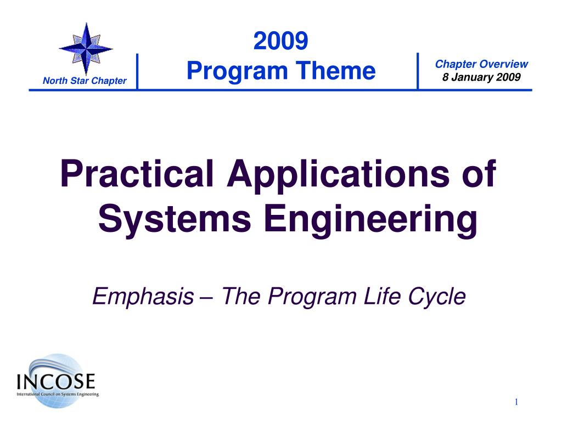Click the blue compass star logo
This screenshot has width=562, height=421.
(86, 49)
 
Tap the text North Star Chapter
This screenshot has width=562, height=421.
(85, 81)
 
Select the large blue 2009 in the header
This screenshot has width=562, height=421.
(280, 41)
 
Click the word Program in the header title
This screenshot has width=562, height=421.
(237, 71)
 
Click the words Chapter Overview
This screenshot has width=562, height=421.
(481, 64)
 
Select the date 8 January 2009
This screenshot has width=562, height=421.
(481, 77)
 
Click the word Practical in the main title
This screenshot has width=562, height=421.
(137, 174)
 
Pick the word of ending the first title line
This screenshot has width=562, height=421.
(479, 173)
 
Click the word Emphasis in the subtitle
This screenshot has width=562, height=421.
(143, 297)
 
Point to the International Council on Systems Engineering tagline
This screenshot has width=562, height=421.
(58, 394)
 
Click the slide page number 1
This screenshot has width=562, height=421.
(516, 402)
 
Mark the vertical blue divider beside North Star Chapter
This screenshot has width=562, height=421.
(137, 72)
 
